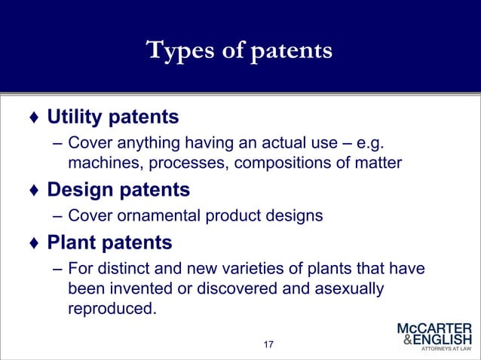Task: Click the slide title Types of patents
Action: click(240, 50)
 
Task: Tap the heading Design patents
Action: click(118, 188)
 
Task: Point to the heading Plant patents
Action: click(110, 243)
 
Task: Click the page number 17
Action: click(268, 345)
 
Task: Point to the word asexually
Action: click(342, 288)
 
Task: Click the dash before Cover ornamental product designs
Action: click(57, 216)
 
